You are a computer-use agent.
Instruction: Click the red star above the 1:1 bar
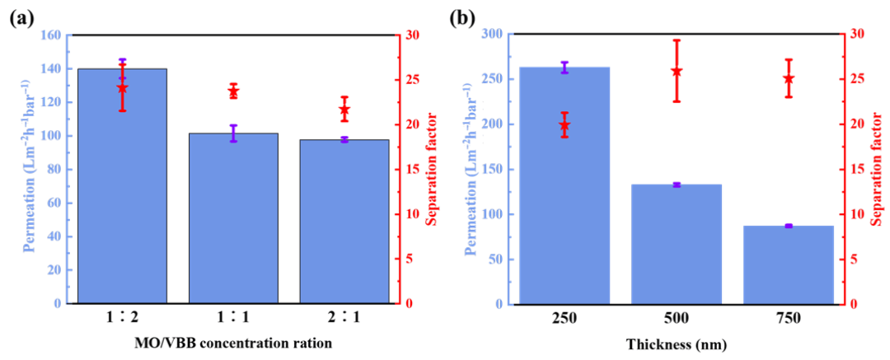pyautogui.click(x=233, y=92)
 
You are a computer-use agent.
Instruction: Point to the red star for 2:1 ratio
pyautogui.click(x=344, y=110)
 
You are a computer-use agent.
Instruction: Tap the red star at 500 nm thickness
pyautogui.click(x=677, y=71)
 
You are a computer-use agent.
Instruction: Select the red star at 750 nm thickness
pyautogui.click(x=788, y=78)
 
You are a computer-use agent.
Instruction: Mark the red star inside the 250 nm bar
pyautogui.click(x=564, y=125)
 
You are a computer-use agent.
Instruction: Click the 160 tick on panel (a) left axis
pyautogui.click(x=51, y=35)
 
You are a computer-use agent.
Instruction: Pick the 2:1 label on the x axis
pyautogui.click(x=344, y=318)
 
